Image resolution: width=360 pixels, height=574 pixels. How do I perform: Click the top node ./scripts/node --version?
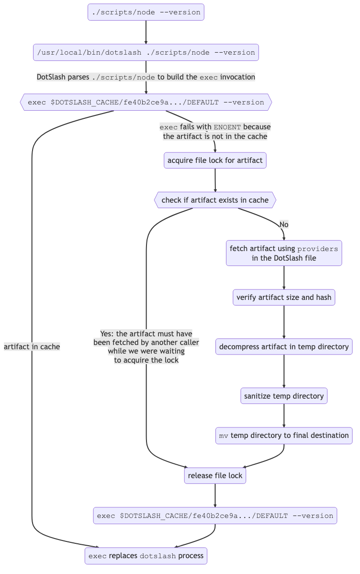pyautogui.click(x=146, y=12)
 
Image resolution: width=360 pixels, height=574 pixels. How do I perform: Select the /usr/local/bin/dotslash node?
pyautogui.click(x=146, y=53)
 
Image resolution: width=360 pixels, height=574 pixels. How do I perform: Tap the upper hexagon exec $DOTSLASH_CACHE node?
pyautogui.click(x=146, y=102)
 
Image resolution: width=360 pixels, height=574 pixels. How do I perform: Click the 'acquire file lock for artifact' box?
pyautogui.click(x=215, y=160)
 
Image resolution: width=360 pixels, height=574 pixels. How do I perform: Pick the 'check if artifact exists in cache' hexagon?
pyautogui.click(x=215, y=200)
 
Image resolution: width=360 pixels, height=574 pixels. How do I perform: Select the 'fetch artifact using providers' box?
pyautogui.click(x=284, y=253)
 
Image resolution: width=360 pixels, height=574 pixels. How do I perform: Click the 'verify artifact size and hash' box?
pyautogui.click(x=284, y=298)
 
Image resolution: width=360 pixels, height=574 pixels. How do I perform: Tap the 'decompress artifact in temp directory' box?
pyautogui.click(x=284, y=346)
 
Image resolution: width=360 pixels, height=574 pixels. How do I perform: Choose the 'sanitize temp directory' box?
pyautogui.click(x=284, y=396)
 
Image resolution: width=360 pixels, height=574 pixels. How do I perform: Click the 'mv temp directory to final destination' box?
pyautogui.click(x=284, y=436)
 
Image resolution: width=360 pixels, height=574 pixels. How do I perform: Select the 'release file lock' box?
pyautogui.click(x=215, y=475)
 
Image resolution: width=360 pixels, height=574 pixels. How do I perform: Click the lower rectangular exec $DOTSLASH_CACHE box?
pyautogui.click(x=215, y=516)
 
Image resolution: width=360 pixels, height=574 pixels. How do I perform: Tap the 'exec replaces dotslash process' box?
pyautogui.click(x=146, y=556)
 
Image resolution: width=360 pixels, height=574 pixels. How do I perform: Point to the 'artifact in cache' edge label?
pyautogui.click(x=32, y=346)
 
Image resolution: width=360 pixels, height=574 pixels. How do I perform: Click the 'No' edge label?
pyautogui.click(x=284, y=225)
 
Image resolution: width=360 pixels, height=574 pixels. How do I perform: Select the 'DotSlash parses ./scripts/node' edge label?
pyautogui.click(x=146, y=77)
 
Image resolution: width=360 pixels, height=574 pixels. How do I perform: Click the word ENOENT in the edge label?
pyautogui.click(x=228, y=127)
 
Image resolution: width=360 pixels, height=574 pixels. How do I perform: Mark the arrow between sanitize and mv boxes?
pyautogui.click(x=284, y=416)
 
